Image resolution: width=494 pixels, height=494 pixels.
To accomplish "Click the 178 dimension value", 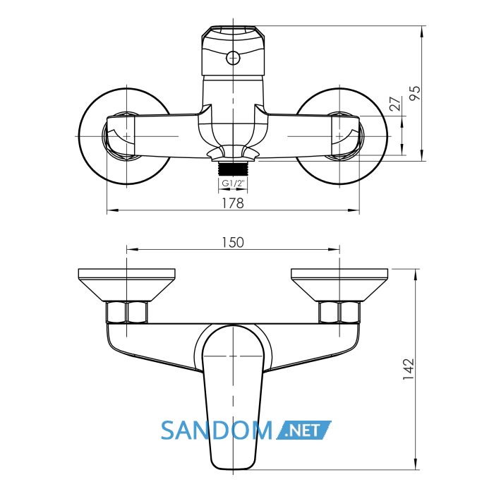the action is (x=233, y=203).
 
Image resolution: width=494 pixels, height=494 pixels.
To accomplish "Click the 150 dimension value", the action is (x=233, y=242).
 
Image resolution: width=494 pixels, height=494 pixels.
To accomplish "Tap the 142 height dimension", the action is (x=409, y=369).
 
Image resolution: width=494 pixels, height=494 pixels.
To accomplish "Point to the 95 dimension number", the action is (x=415, y=93).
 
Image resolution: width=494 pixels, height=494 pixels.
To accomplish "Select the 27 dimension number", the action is (x=395, y=104).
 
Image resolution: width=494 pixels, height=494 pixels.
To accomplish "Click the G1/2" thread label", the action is (x=233, y=183).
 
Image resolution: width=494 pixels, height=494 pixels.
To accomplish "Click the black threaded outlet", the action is (x=233, y=169).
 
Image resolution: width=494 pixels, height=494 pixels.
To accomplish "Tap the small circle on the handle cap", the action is (x=233, y=58).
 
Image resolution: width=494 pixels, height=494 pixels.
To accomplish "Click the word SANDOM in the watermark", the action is (x=217, y=430).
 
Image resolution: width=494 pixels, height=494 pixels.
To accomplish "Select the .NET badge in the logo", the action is (x=303, y=430).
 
